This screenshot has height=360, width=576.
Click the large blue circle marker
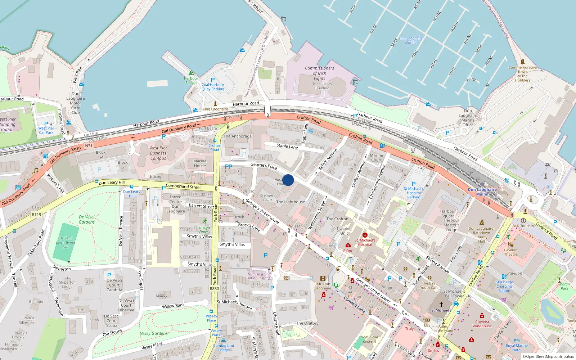288,180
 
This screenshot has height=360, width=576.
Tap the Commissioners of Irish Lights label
319,73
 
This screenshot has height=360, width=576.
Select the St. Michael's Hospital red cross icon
365,235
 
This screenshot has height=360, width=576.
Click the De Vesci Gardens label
87,220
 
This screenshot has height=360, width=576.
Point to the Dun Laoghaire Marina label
411,40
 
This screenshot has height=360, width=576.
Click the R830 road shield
214,289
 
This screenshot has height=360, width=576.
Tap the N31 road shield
89,146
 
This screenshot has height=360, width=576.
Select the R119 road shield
36,215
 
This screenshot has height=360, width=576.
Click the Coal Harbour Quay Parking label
213,87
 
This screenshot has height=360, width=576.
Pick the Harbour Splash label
191,80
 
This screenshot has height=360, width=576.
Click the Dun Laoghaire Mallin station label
482,192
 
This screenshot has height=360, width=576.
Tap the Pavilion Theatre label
510,252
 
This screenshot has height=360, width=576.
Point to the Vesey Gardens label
154,334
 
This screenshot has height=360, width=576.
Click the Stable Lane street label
287,146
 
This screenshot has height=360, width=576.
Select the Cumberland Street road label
183,186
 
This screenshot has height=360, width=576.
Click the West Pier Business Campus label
158,153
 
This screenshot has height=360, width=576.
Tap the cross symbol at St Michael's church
441,305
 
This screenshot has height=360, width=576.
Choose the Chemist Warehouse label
482,324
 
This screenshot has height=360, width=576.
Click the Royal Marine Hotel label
517,348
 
